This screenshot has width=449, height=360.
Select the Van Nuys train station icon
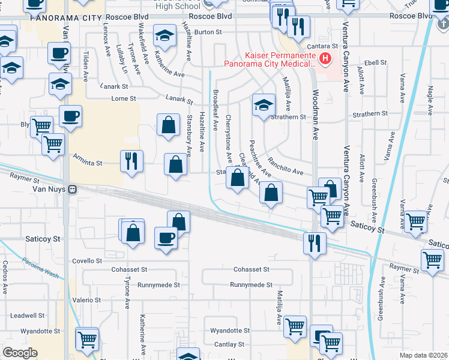[71, 189]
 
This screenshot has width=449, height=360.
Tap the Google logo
[20, 353]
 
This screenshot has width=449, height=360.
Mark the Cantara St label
[327, 46]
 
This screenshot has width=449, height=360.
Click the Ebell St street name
[375, 62]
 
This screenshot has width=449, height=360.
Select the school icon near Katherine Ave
[164, 36]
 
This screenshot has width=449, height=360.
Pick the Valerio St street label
[87, 299]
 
